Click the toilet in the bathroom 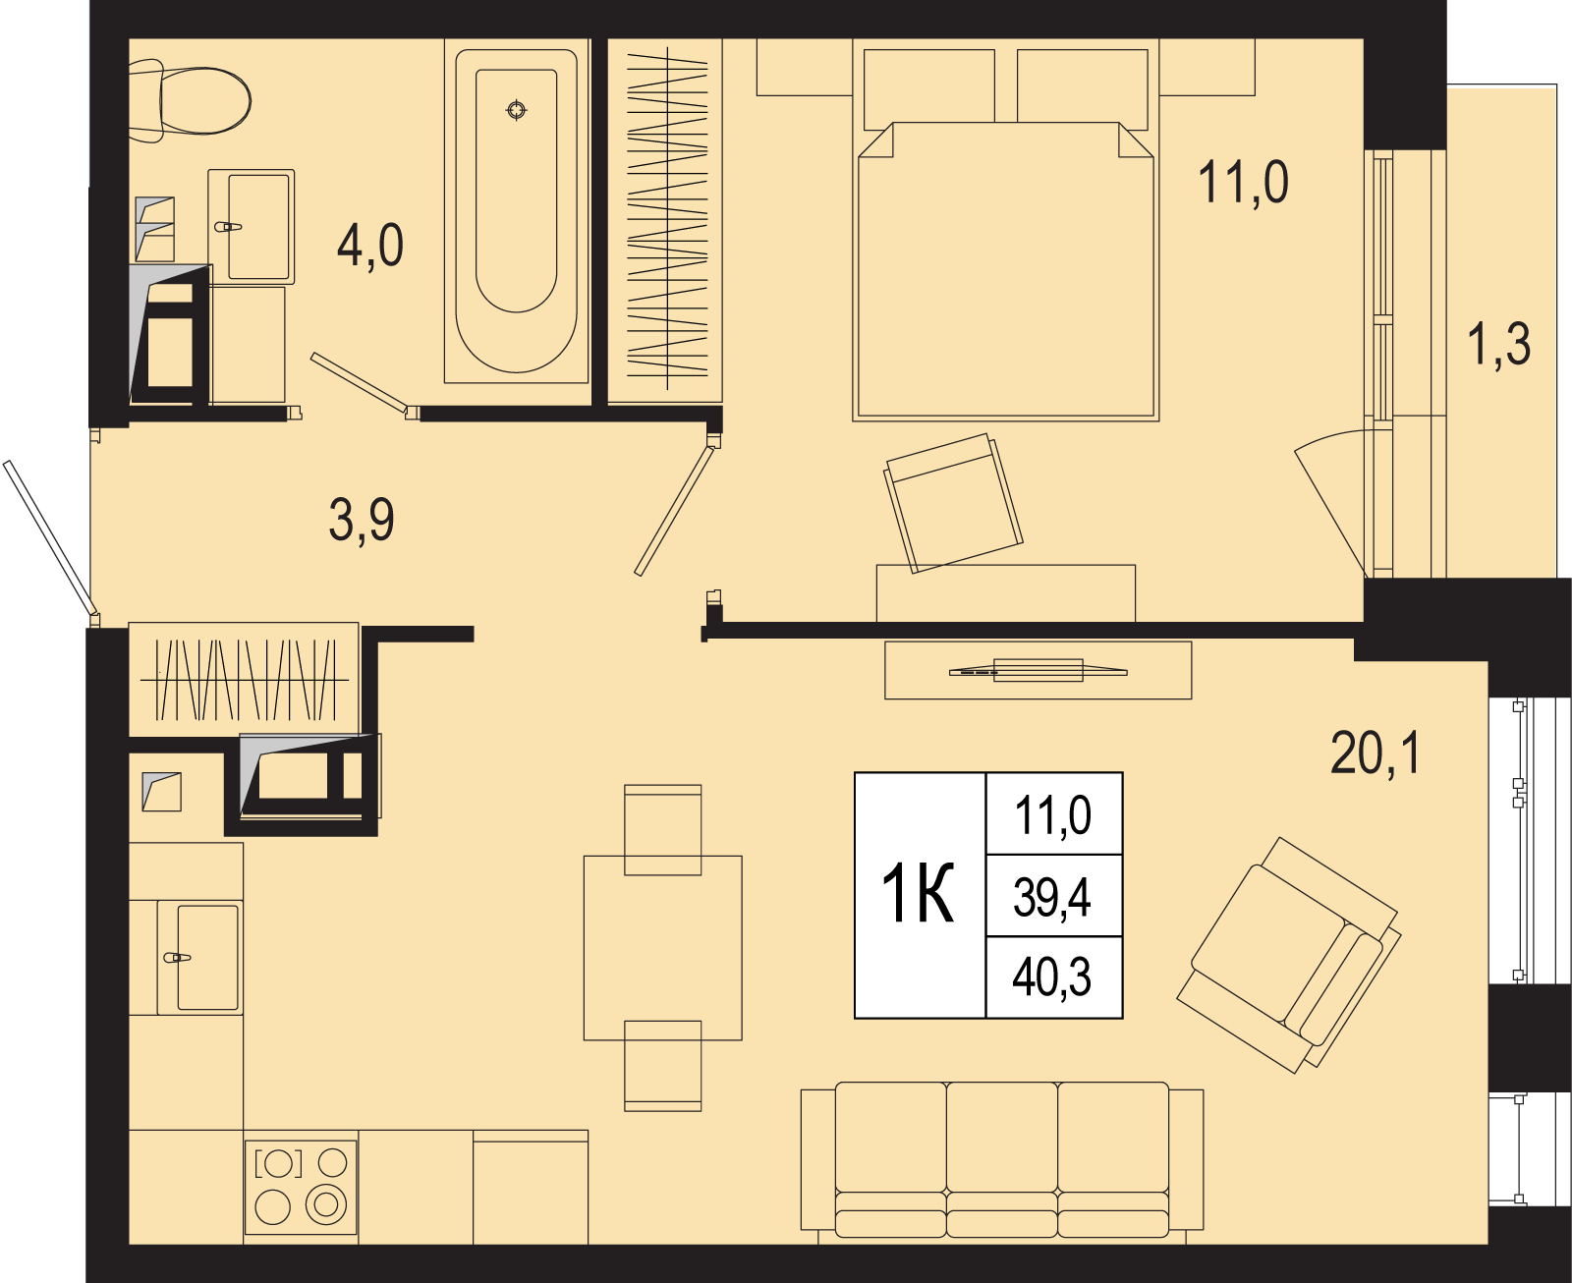(190, 100)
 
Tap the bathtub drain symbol (517, 110)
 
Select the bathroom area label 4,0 (370, 246)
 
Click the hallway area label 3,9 (362, 521)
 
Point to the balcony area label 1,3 (1498, 345)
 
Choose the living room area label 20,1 (1375, 753)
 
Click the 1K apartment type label (918, 894)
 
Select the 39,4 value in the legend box (1052, 897)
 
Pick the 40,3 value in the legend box (1052, 977)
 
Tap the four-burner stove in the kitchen (301, 1187)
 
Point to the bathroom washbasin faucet (228, 227)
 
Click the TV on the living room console (1038, 671)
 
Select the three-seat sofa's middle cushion (1002, 1155)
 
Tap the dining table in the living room (662, 948)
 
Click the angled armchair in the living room (1288, 955)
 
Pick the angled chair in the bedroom (953, 503)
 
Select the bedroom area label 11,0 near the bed (1243, 183)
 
